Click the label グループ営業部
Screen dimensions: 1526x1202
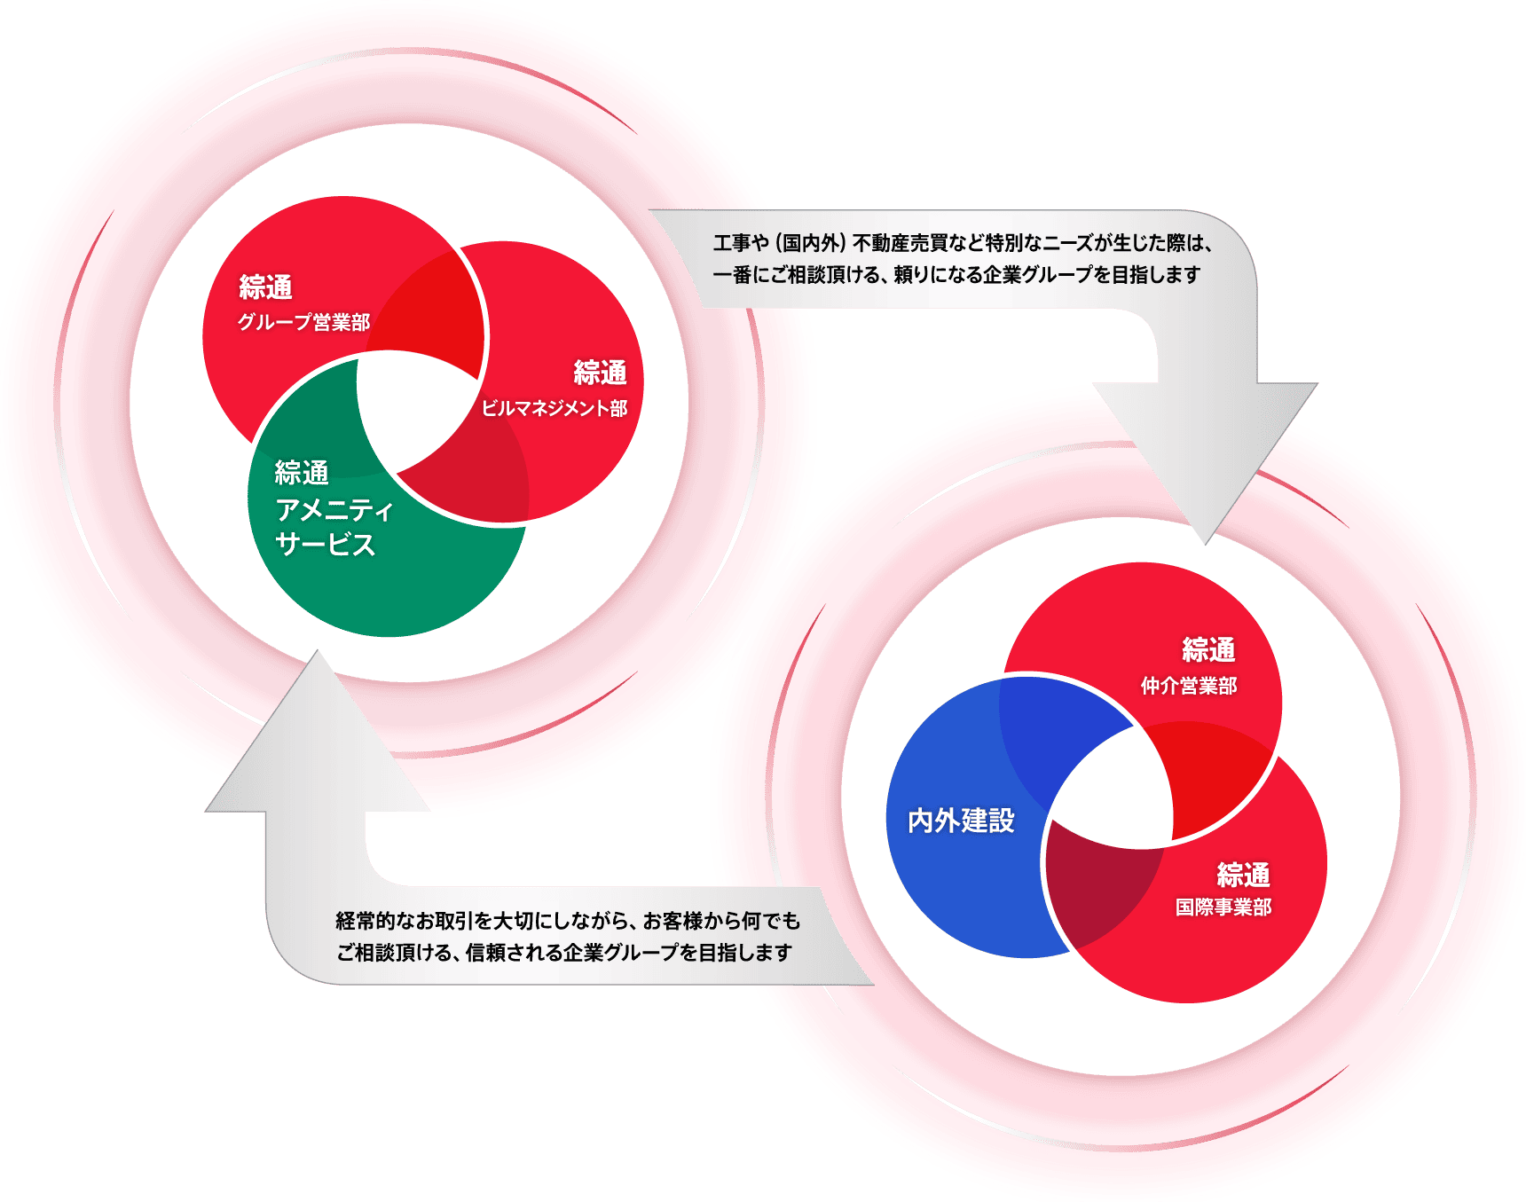tap(303, 322)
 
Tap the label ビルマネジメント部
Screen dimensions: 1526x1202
tap(555, 408)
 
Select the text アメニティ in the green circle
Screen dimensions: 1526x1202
tap(334, 509)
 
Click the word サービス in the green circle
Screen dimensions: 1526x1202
tap(325, 544)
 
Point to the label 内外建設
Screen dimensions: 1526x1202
tap(961, 821)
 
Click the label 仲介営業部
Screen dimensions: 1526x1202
tap(1189, 686)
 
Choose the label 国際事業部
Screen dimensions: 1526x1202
tap(1223, 907)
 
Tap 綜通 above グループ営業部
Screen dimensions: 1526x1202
tap(266, 287)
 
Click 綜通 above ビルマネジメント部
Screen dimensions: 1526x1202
tap(600, 373)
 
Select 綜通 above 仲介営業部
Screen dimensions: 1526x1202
tap(1208, 650)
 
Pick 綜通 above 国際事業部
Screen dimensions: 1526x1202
tap(1243, 875)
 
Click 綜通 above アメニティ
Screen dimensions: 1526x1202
tap(302, 473)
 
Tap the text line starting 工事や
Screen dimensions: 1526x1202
tap(963, 243)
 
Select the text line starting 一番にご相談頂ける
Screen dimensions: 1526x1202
tap(956, 275)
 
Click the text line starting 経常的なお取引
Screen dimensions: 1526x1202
tap(568, 921)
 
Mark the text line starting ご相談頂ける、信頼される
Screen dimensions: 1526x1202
tap(563, 953)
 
